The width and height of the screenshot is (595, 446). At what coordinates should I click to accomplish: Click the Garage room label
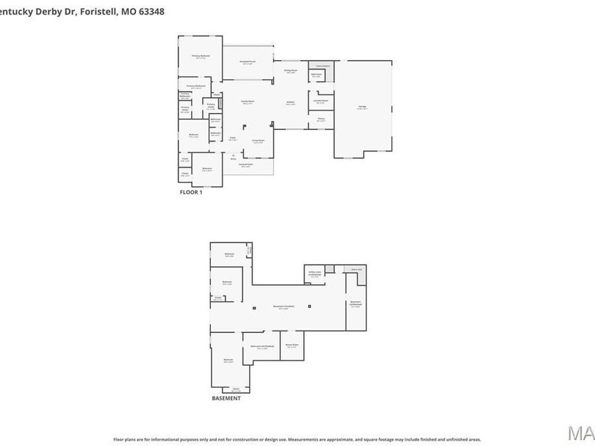[362, 107]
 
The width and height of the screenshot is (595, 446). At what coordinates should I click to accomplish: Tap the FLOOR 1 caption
[191, 192]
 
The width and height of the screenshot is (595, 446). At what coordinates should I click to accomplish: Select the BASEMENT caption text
[226, 398]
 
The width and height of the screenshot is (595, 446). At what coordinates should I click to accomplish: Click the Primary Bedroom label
[201, 56]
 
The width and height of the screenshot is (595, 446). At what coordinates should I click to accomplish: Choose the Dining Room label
[290, 70]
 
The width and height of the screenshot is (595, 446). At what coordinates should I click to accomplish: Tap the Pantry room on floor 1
[321, 120]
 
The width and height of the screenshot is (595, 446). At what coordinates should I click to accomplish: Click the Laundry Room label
[321, 101]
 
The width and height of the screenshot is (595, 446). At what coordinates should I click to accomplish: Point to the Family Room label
[247, 102]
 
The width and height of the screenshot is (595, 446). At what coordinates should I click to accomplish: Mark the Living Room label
[258, 141]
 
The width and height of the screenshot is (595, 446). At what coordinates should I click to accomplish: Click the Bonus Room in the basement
[292, 345]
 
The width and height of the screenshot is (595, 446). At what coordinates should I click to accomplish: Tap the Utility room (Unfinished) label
[315, 272]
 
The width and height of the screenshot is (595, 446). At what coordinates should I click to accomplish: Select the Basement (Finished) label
[284, 307]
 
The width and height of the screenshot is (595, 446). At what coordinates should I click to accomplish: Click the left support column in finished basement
[254, 307]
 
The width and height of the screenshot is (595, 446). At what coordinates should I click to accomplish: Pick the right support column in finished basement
[317, 307]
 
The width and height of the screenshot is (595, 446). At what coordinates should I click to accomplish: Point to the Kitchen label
[290, 102]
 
